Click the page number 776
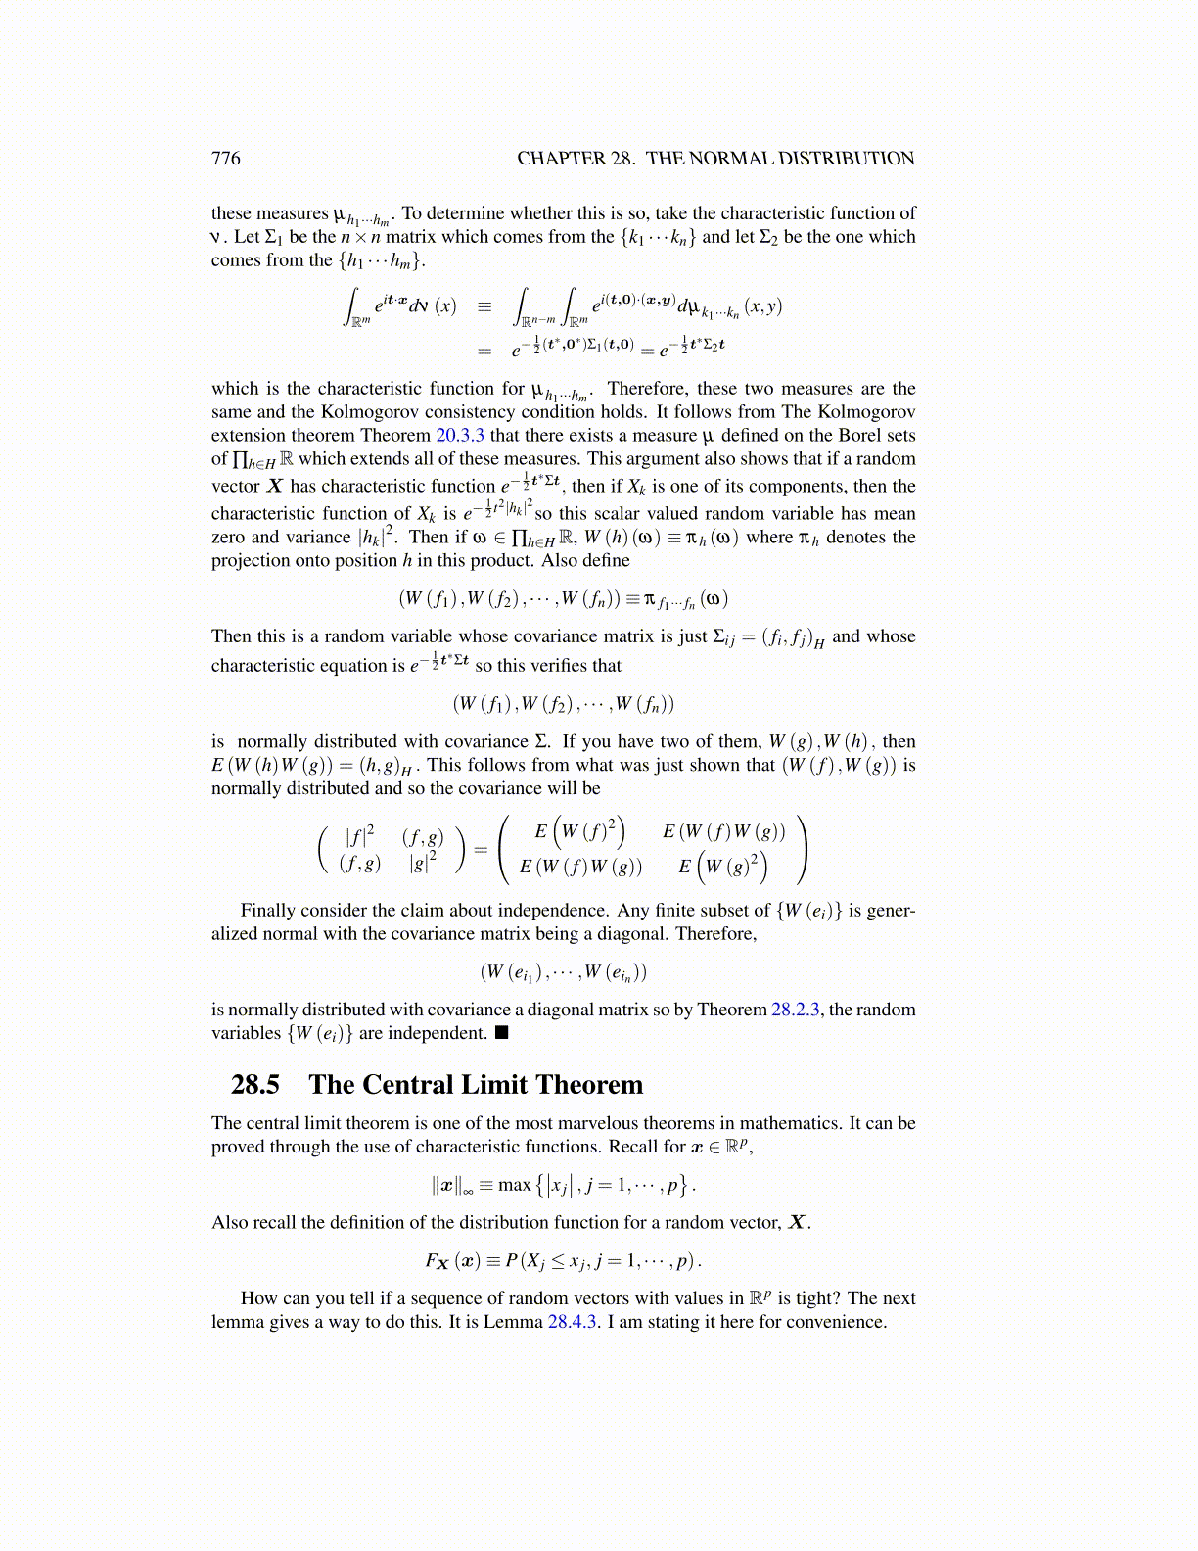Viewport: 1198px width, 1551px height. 225,159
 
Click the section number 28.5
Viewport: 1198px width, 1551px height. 254,1085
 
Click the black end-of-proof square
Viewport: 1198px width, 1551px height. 502,1033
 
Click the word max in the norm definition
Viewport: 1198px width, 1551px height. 514,1185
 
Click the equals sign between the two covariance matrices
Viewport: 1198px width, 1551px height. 481,849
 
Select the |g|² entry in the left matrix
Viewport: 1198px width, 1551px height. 423,863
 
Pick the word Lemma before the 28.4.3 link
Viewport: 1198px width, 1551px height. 514,1322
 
